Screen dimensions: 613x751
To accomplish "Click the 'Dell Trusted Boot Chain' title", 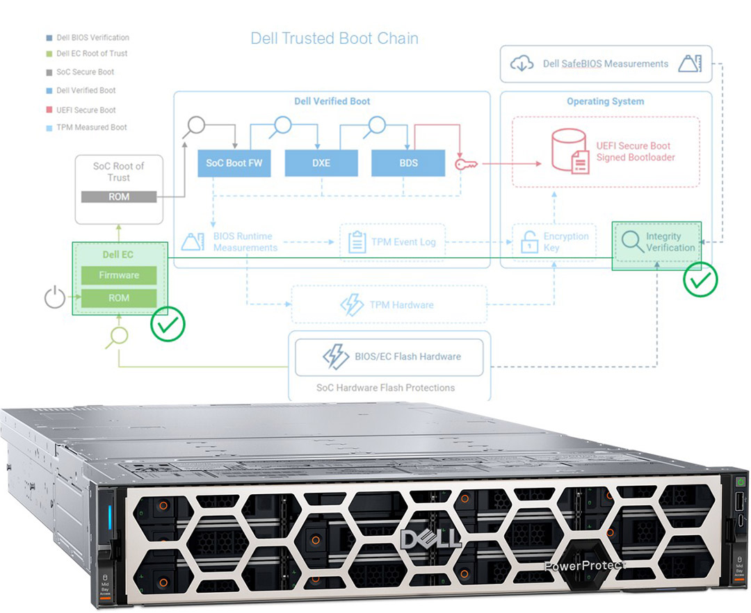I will [x=334, y=38].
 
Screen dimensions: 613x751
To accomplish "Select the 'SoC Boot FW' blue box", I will [x=234, y=163].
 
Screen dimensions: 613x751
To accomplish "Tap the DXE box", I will [x=321, y=163].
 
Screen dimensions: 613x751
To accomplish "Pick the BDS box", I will [x=408, y=163].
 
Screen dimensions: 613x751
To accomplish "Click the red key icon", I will [x=464, y=164].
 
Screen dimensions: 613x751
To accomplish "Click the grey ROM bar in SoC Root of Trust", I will [x=119, y=197].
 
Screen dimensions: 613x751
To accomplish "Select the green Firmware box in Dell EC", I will [x=119, y=275].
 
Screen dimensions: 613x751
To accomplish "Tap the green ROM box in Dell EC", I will [x=119, y=297].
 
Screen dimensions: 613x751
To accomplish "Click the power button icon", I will [x=55, y=298].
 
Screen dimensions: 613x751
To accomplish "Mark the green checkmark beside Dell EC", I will [x=168, y=324].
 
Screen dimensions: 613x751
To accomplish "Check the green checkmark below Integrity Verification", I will [x=700, y=279].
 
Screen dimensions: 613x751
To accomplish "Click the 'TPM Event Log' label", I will [x=403, y=242].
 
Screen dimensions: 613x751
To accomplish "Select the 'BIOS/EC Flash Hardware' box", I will [x=389, y=357].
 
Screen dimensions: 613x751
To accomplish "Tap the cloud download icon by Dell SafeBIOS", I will [x=522, y=64].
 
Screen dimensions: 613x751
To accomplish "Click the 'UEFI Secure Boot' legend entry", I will [x=86, y=110].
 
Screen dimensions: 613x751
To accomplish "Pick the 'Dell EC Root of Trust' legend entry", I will [x=92, y=54].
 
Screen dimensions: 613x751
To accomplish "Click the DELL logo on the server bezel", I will [x=431, y=538].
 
